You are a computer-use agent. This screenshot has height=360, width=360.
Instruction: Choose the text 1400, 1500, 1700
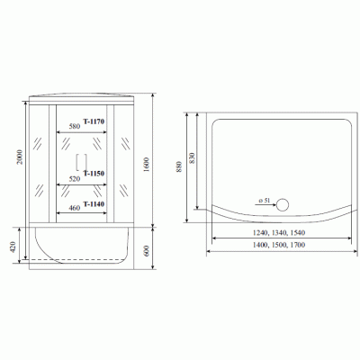coord(280,245)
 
